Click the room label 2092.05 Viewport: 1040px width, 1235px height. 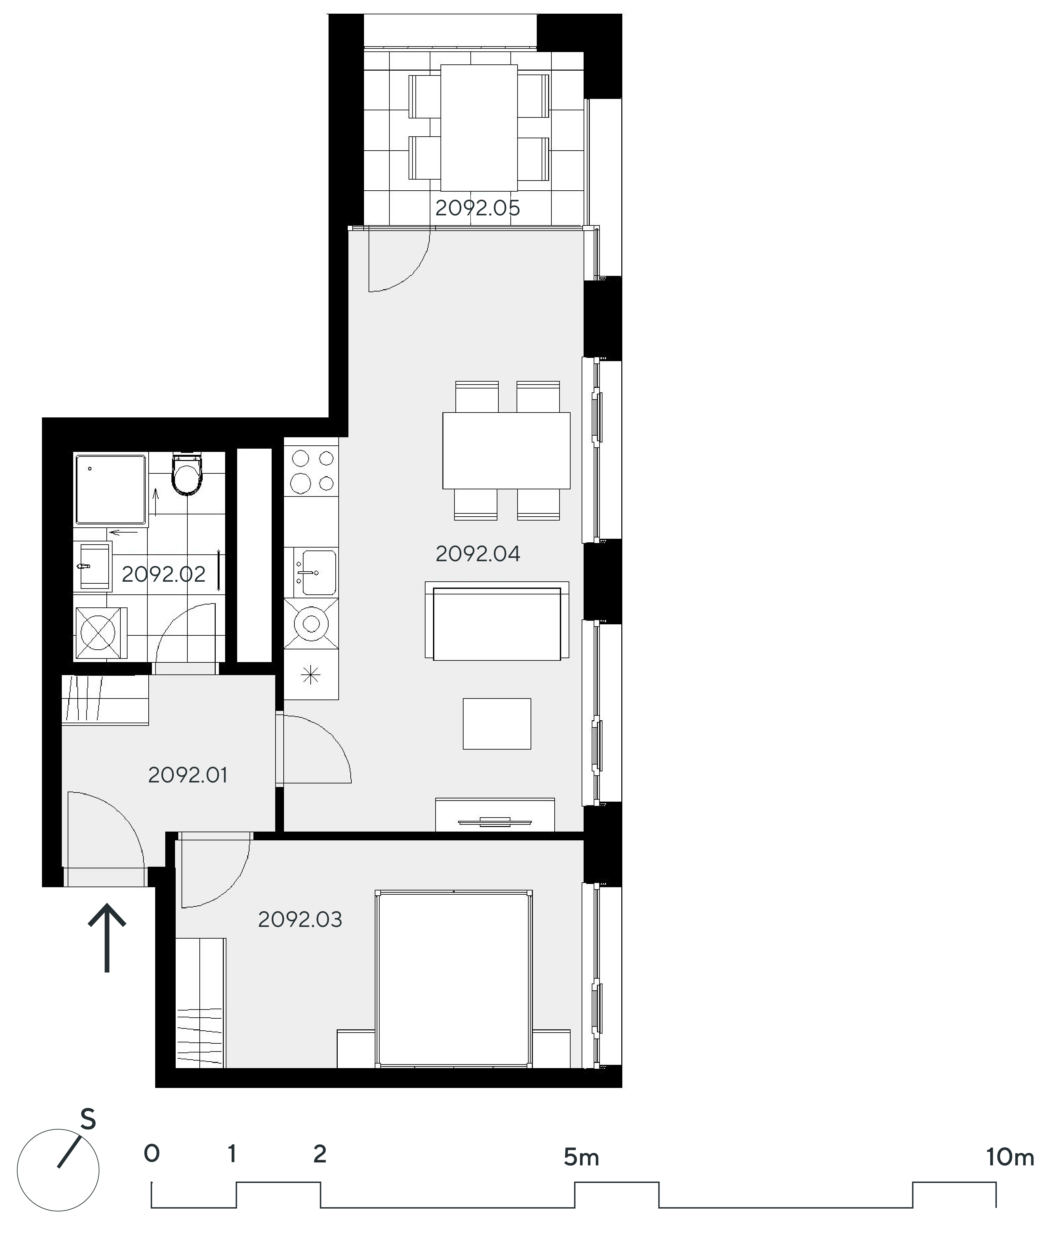coord(478,208)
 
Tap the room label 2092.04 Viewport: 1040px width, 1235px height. coord(478,554)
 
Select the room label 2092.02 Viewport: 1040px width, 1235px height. coord(163,574)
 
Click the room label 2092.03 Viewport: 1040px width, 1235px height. coord(300,920)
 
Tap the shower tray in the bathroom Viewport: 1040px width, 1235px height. coord(110,489)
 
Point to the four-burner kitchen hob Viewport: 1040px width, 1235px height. coord(311,472)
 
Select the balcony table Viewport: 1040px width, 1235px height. coord(479,127)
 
